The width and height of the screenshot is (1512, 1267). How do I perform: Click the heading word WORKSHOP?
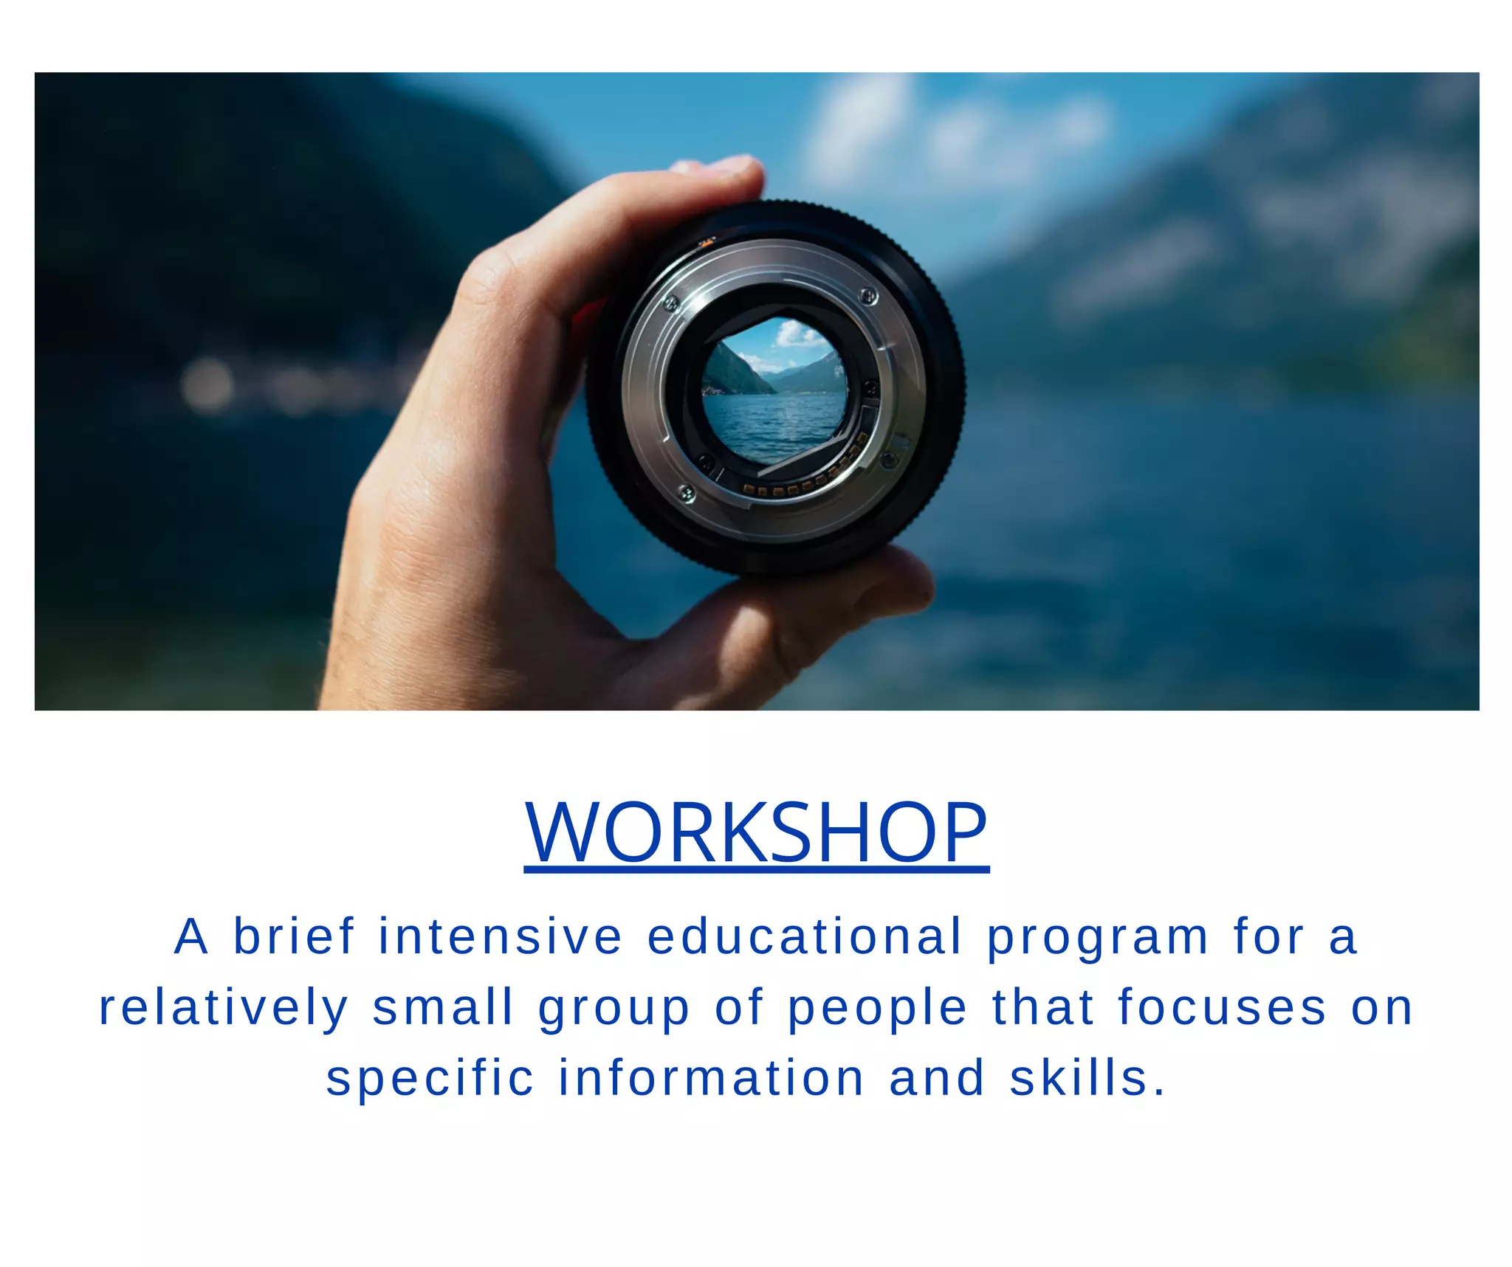point(756,832)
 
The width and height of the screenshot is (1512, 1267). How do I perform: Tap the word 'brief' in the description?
point(295,937)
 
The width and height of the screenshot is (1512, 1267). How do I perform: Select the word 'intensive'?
point(501,937)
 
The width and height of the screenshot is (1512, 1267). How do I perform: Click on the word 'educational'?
point(805,937)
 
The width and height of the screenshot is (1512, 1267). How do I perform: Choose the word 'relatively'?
point(224,1009)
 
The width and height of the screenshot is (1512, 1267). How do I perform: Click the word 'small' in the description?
point(443,1007)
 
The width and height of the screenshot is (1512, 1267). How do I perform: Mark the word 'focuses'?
point(1222,1007)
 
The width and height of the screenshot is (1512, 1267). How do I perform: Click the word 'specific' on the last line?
point(430,1079)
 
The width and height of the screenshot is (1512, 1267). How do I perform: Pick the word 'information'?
point(711,1078)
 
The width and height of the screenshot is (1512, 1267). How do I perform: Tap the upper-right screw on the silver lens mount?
point(868,297)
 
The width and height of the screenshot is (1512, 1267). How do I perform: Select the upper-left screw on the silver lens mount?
point(671,302)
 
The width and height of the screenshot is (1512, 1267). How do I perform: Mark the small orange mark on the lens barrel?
point(707,241)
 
